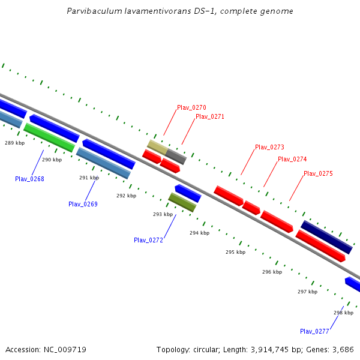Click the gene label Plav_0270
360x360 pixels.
click(x=191, y=108)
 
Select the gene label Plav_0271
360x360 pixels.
click(x=209, y=116)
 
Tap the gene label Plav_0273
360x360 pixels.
click(x=269, y=147)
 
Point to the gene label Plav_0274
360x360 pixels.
click(x=292, y=160)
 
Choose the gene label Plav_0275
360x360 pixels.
click(x=318, y=173)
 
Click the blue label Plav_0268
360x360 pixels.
click(x=29, y=179)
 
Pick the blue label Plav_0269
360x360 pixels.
click(x=83, y=204)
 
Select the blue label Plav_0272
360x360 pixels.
click(x=148, y=240)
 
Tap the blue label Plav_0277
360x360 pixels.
click(x=314, y=331)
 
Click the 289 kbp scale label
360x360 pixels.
click(x=15, y=143)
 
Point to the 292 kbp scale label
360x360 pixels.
click(x=126, y=196)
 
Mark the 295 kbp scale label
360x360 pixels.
click(x=235, y=252)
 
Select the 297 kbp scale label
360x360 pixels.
click(x=307, y=292)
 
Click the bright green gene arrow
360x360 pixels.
click(x=49, y=137)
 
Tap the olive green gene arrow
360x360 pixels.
click(x=182, y=202)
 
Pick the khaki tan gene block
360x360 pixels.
click(x=157, y=147)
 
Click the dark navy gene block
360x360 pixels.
click(x=326, y=237)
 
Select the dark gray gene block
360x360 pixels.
click(x=176, y=157)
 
